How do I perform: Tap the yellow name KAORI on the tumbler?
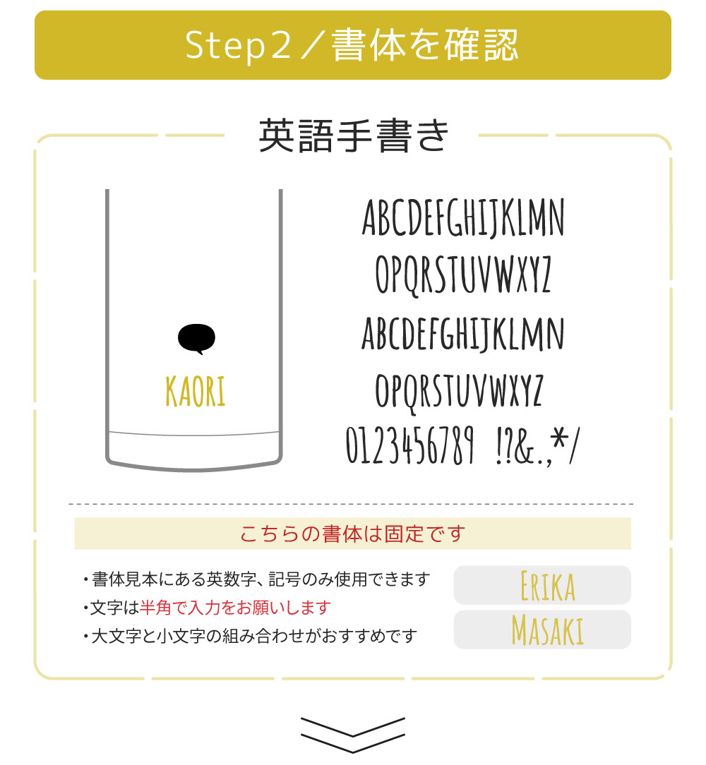(196, 391)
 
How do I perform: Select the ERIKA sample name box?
(542, 585)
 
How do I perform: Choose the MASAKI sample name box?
(542, 630)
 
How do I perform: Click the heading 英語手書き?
(353, 135)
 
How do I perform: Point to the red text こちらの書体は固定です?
(352, 534)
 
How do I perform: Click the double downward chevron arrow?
(352, 735)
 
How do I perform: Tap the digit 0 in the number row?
(352, 445)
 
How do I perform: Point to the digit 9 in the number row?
(468, 445)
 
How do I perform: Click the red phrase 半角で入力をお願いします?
(235, 608)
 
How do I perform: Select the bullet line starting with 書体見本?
(256, 579)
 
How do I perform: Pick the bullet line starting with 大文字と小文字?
(250, 636)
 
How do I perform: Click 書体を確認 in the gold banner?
(425, 45)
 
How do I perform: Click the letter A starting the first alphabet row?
(371, 217)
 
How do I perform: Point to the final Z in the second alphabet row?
(545, 275)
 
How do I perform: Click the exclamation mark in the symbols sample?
(498, 445)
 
